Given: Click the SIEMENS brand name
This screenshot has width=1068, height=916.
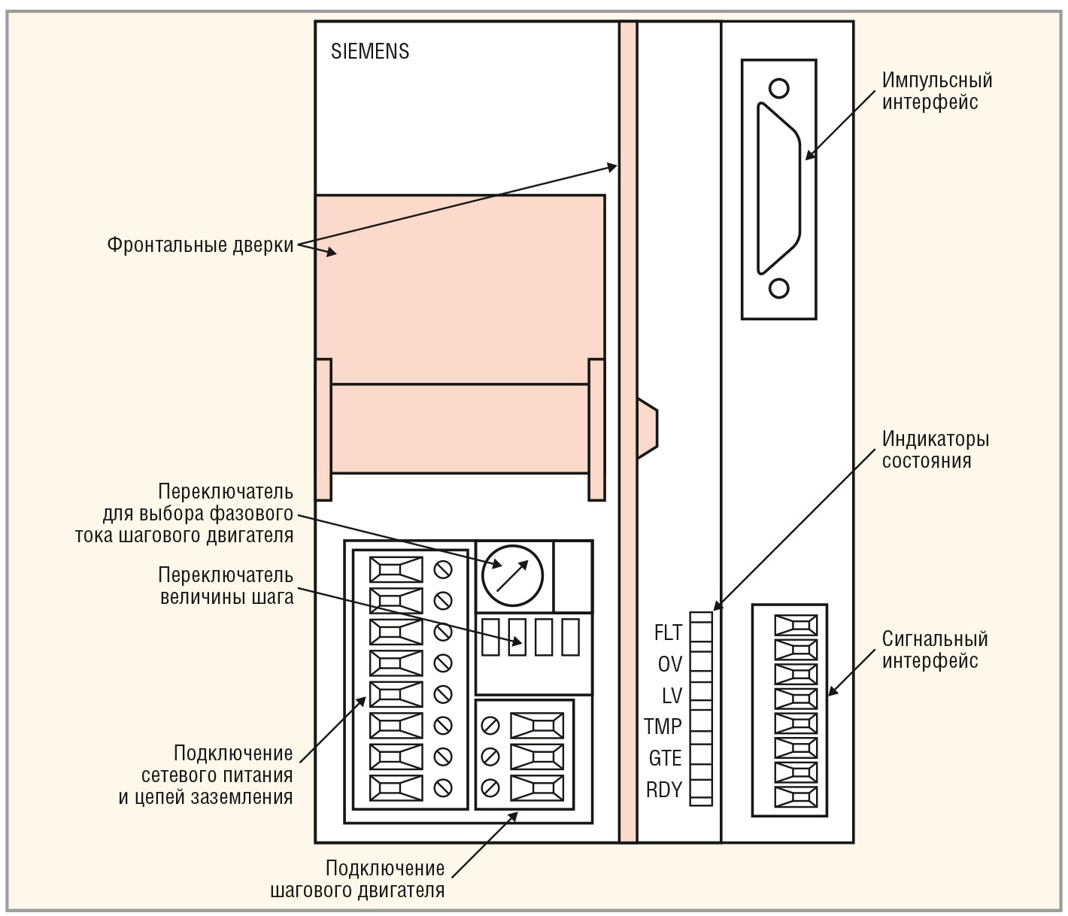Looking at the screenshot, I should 370,51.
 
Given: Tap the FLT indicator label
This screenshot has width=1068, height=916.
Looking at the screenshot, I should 667,632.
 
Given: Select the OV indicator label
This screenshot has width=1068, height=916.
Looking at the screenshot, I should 669,664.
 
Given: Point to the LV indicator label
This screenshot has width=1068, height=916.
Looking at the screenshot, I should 671,695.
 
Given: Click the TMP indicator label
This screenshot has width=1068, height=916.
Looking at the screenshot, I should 663,726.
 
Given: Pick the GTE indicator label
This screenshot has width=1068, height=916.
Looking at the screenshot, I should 665,758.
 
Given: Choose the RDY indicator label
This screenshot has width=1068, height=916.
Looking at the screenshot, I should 663,790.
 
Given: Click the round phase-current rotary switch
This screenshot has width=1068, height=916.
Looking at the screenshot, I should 511,575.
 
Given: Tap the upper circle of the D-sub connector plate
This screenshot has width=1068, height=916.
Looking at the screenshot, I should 779,89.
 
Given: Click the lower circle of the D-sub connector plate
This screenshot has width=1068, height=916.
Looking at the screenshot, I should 779,288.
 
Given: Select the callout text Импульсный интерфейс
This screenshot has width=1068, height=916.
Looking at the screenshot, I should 936,91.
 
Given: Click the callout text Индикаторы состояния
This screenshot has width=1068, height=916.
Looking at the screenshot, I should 935,450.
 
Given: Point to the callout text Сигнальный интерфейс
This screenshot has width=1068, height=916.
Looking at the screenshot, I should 934,650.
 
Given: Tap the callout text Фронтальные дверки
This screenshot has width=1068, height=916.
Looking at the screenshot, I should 200,245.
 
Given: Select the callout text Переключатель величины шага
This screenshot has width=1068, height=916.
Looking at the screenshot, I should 226,587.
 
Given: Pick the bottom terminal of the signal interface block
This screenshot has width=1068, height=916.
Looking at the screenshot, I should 796,797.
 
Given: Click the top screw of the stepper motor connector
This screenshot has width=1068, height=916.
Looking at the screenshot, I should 490,726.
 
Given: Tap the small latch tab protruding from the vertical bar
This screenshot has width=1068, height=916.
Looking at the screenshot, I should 647,428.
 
